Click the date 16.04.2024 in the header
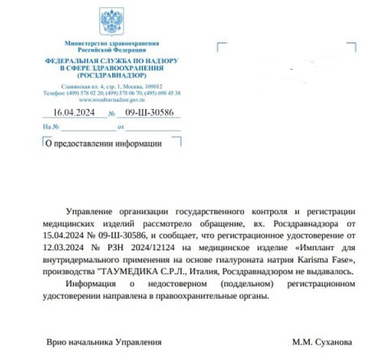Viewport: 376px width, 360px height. [74, 112]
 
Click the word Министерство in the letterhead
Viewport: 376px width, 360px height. [88, 43]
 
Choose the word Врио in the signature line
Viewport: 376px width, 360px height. [56, 342]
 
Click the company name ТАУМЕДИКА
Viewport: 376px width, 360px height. [127, 271]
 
